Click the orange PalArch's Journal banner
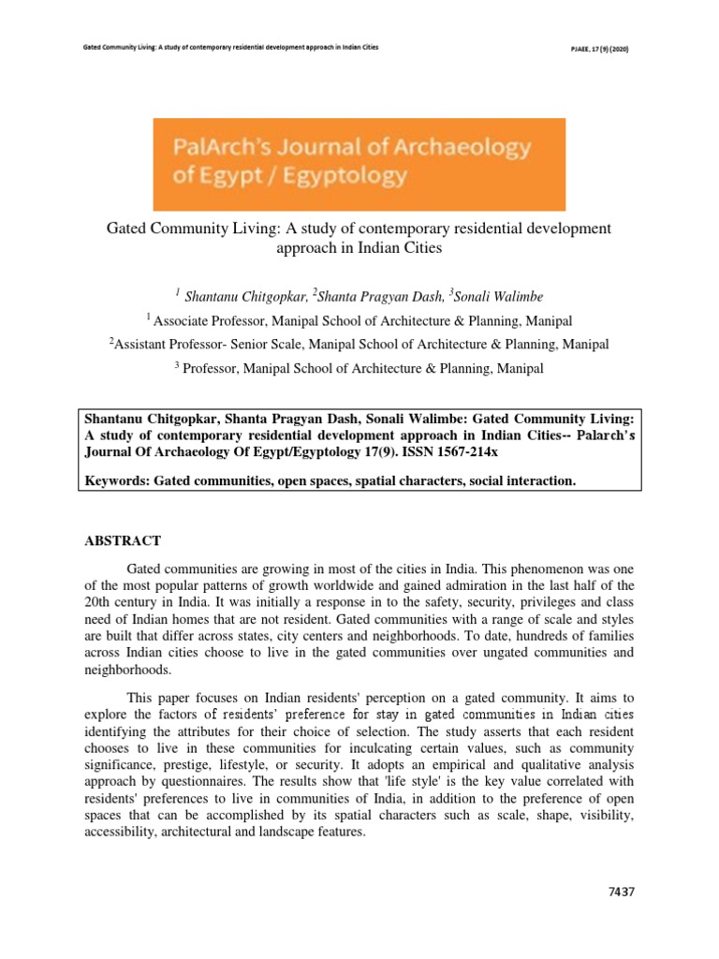click(359, 164)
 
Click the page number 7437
click(619, 892)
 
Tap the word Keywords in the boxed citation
click(116, 479)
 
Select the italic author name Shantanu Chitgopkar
click(246, 297)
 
